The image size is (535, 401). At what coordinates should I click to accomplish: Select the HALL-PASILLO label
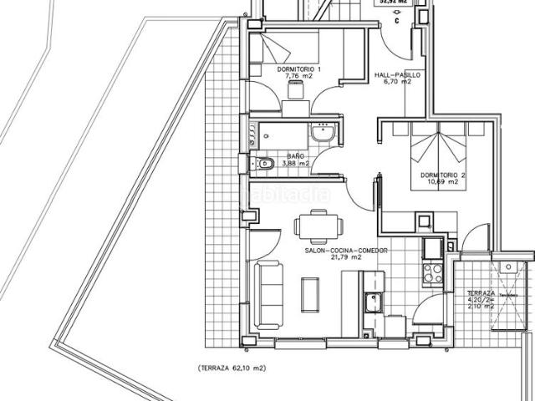[397, 74]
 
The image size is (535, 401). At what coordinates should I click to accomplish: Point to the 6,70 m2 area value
[397, 82]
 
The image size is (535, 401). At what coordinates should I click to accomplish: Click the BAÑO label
[295, 156]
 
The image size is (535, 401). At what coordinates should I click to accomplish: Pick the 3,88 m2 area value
[295, 164]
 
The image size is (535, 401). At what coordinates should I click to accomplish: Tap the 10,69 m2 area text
[442, 181]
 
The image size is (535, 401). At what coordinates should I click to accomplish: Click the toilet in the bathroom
[265, 164]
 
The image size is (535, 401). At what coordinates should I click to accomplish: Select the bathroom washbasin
[323, 133]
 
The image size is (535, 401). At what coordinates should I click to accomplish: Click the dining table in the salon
[318, 226]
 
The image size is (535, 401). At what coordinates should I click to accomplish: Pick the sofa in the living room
[268, 292]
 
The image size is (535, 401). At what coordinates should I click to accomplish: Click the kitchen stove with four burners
[433, 272]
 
